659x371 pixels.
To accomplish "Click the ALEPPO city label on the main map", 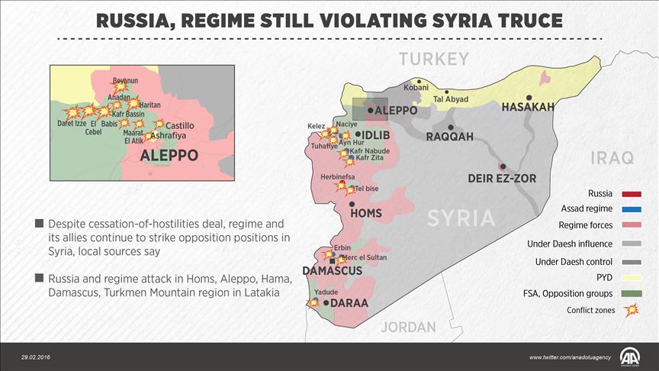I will coord(396,111).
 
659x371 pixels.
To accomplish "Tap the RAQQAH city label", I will coord(449,137).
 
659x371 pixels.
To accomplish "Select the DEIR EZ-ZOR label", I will coord(502,179).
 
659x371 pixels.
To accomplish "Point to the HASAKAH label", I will coord(527,108).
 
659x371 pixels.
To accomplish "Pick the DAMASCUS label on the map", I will coord(332,271).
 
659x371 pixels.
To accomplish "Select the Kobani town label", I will coord(416,88).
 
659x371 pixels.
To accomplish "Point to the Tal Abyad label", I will coord(450,98).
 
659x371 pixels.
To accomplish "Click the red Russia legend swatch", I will coord(631,193).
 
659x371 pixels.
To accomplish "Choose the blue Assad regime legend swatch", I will coord(631,208).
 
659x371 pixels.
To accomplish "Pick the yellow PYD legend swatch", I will coord(631,276).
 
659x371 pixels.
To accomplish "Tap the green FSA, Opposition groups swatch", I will coord(631,293).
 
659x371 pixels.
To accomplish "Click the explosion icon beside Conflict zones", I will coord(631,310).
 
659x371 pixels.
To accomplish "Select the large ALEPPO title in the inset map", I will coord(169,155).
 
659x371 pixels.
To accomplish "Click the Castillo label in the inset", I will coord(180,125).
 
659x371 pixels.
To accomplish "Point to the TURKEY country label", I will coord(433,59).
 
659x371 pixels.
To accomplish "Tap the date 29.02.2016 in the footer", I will coord(37,357).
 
